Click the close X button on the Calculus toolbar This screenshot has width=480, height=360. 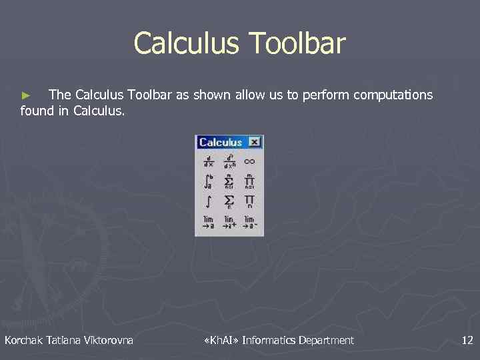tap(254, 142)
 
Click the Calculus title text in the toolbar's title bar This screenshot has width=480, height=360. tap(220, 142)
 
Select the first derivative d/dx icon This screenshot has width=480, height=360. tap(209, 161)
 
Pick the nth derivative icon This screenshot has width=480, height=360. tap(229, 161)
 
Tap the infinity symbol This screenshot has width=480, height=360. tap(249, 161)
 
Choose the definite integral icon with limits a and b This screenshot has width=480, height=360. tap(209, 181)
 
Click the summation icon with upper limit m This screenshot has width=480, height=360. tap(229, 181)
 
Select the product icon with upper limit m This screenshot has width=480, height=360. tap(249, 181)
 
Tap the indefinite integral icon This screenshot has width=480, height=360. tap(209, 201)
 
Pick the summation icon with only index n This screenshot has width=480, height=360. tap(229, 201)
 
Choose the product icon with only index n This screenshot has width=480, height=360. tap(249, 201)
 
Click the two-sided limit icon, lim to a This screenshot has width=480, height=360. tap(209, 222)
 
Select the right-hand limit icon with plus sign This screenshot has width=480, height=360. tap(229, 222)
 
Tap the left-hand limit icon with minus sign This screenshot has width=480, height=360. tap(249, 222)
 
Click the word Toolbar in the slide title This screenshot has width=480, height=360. tap(297, 43)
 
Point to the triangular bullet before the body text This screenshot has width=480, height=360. tap(27, 96)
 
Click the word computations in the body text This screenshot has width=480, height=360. tap(393, 95)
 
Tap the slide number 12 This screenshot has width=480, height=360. tap(467, 341)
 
